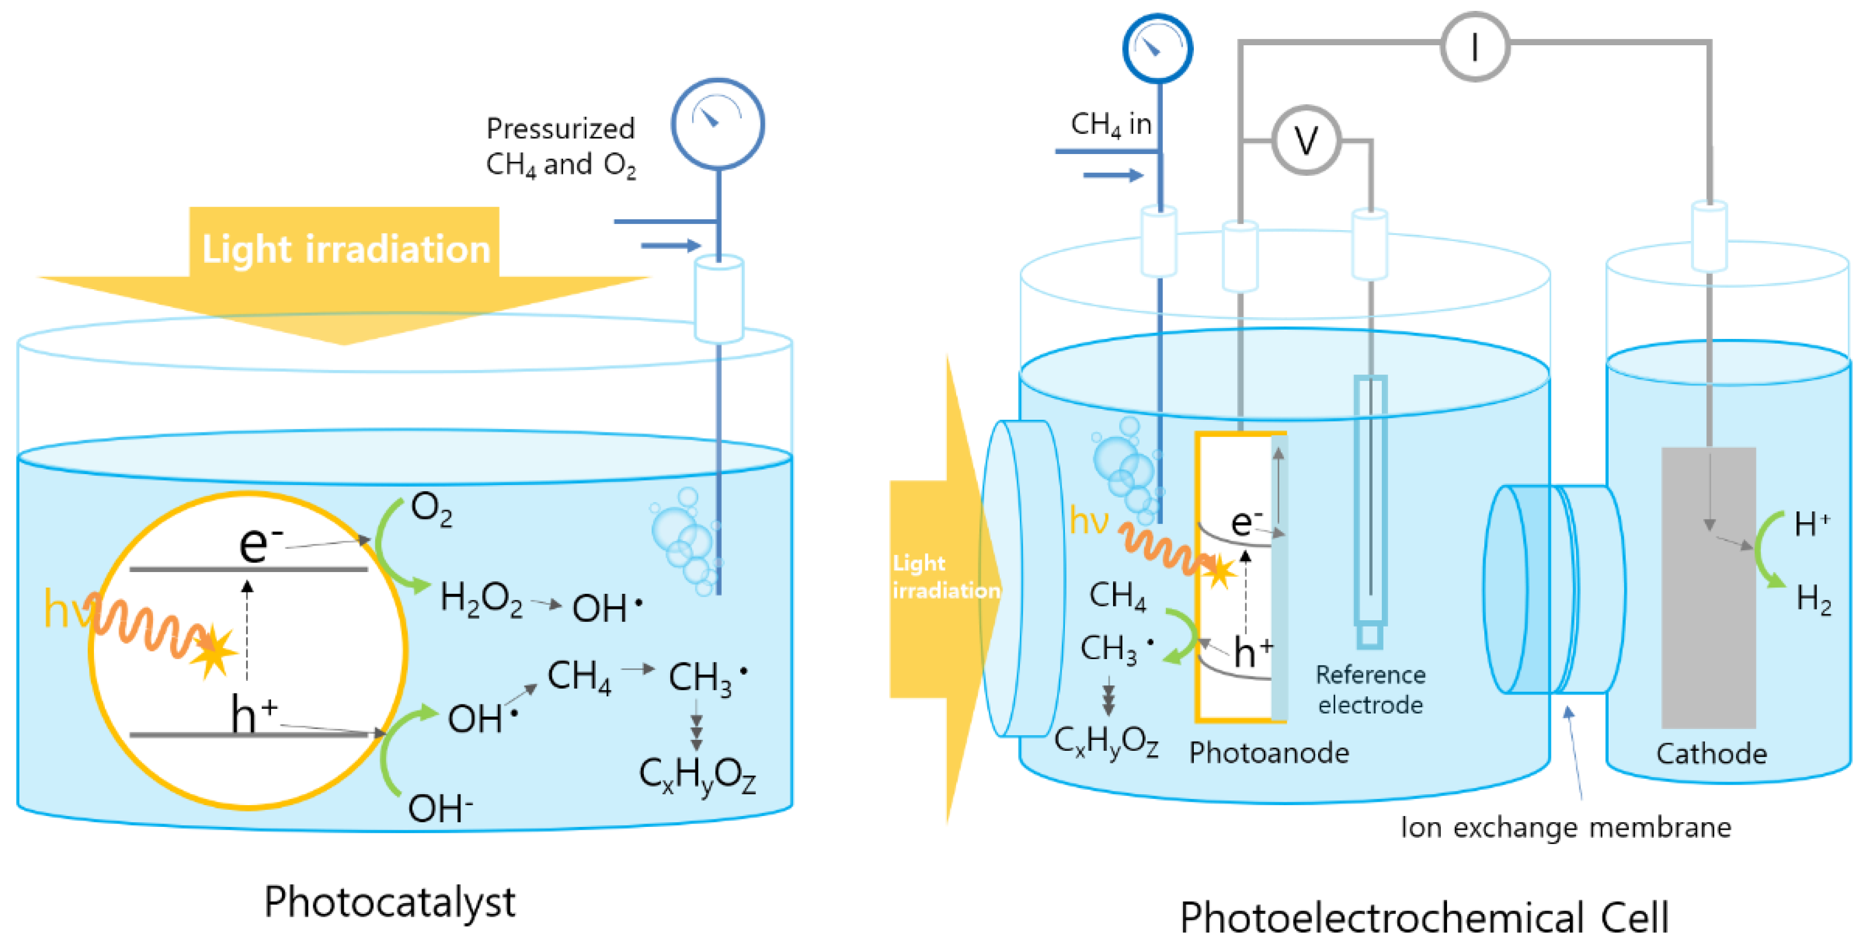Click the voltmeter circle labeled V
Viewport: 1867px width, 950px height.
pyautogui.click(x=1306, y=140)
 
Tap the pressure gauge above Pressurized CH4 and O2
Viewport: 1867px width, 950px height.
pyautogui.click(x=717, y=124)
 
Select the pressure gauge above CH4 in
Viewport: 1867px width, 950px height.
pyautogui.click(x=1157, y=49)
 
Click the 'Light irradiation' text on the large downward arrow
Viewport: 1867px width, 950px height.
pyautogui.click(x=345, y=249)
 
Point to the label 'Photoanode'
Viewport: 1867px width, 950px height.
pyautogui.click(x=1268, y=753)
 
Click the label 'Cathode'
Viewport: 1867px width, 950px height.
pyautogui.click(x=1711, y=754)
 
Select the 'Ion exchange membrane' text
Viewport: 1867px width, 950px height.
pyautogui.click(x=1566, y=827)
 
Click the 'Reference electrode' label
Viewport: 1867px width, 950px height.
pyautogui.click(x=1370, y=689)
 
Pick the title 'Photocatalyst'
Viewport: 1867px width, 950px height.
pyautogui.click(x=389, y=902)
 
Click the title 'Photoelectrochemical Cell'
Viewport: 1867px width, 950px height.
pyautogui.click(x=1424, y=917)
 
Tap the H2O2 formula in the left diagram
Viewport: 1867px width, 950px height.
pyautogui.click(x=481, y=601)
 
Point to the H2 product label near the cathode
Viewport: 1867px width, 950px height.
pyautogui.click(x=1813, y=600)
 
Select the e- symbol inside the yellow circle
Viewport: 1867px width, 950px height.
pyautogui.click(x=259, y=543)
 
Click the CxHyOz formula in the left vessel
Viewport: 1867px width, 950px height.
pyautogui.click(x=697, y=775)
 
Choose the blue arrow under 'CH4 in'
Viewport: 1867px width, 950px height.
pyautogui.click(x=1113, y=175)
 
